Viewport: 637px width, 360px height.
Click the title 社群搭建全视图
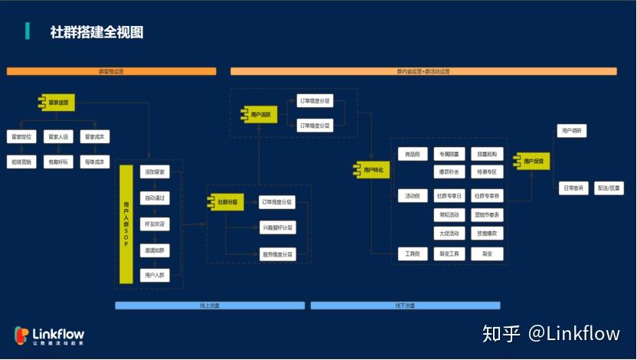tap(96, 32)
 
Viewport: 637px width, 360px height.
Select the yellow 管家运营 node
tap(58, 102)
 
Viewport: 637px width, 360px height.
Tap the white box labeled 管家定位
tap(21, 137)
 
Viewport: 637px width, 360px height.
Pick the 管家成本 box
tap(95, 137)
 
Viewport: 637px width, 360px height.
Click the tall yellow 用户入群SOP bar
tap(126, 225)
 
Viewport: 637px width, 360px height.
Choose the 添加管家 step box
tap(155, 172)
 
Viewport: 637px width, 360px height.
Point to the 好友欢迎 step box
tap(155, 224)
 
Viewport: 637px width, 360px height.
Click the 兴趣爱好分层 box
tap(277, 228)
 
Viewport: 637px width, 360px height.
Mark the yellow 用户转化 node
tap(372, 169)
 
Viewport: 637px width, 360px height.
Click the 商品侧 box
tap(413, 154)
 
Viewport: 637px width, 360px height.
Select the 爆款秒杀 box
tap(449, 172)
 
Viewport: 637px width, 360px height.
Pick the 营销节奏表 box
tap(488, 215)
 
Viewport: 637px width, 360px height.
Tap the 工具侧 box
tap(413, 254)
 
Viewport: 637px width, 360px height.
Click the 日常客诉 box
tap(573, 188)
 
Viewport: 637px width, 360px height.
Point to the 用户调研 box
tap(571, 131)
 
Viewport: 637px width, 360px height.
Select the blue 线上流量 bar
tap(210, 305)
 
